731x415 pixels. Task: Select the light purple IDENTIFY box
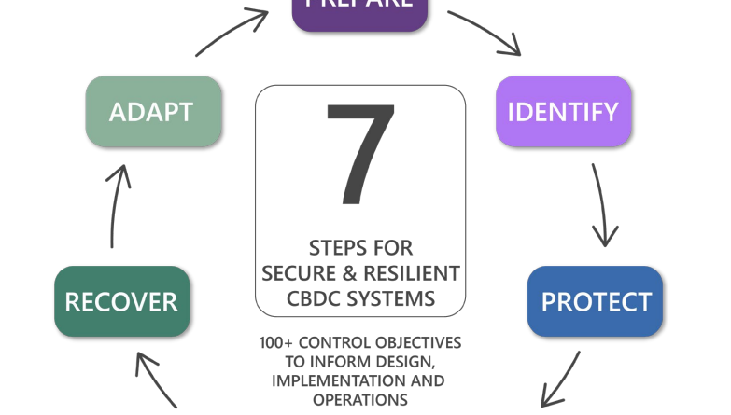[x=563, y=112]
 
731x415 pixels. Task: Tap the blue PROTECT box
[x=595, y=302]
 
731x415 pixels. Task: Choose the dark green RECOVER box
[x=121, y=302]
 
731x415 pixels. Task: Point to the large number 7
[x=359, y=154]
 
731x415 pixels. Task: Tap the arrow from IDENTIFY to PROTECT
[x=602, y=206]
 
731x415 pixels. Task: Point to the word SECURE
[x=295, y=274]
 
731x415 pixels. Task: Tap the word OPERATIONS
[x=359, y=399]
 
